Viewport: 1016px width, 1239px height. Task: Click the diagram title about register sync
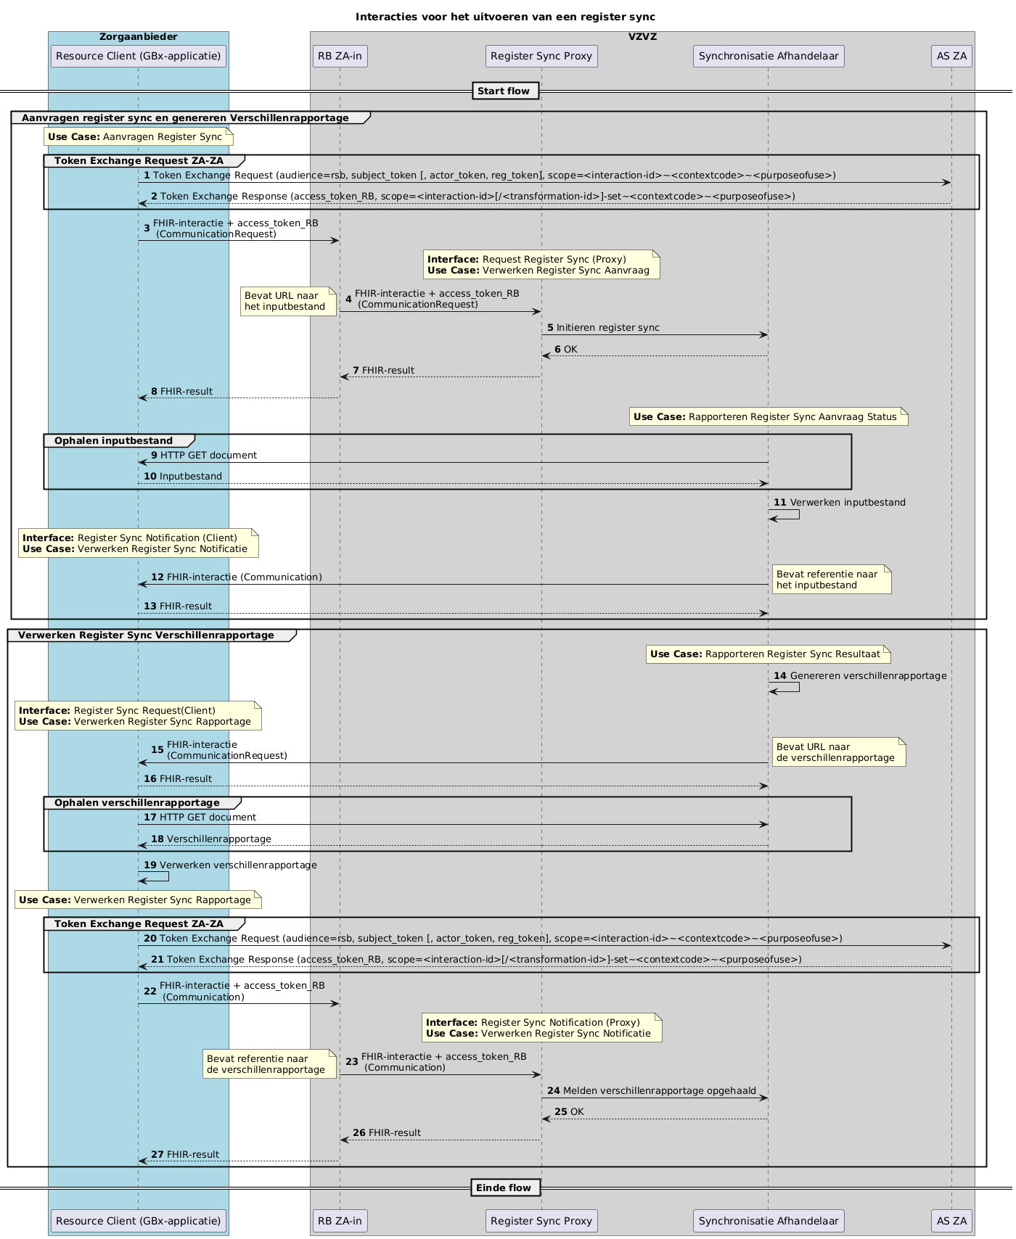505,17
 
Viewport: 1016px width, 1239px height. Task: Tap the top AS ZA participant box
951,56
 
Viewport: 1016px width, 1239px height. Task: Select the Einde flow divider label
505,1187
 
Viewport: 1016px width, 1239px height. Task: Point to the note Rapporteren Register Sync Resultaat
768,654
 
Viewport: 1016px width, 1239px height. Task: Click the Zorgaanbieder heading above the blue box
139,37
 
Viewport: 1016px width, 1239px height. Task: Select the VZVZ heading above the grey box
642,37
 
